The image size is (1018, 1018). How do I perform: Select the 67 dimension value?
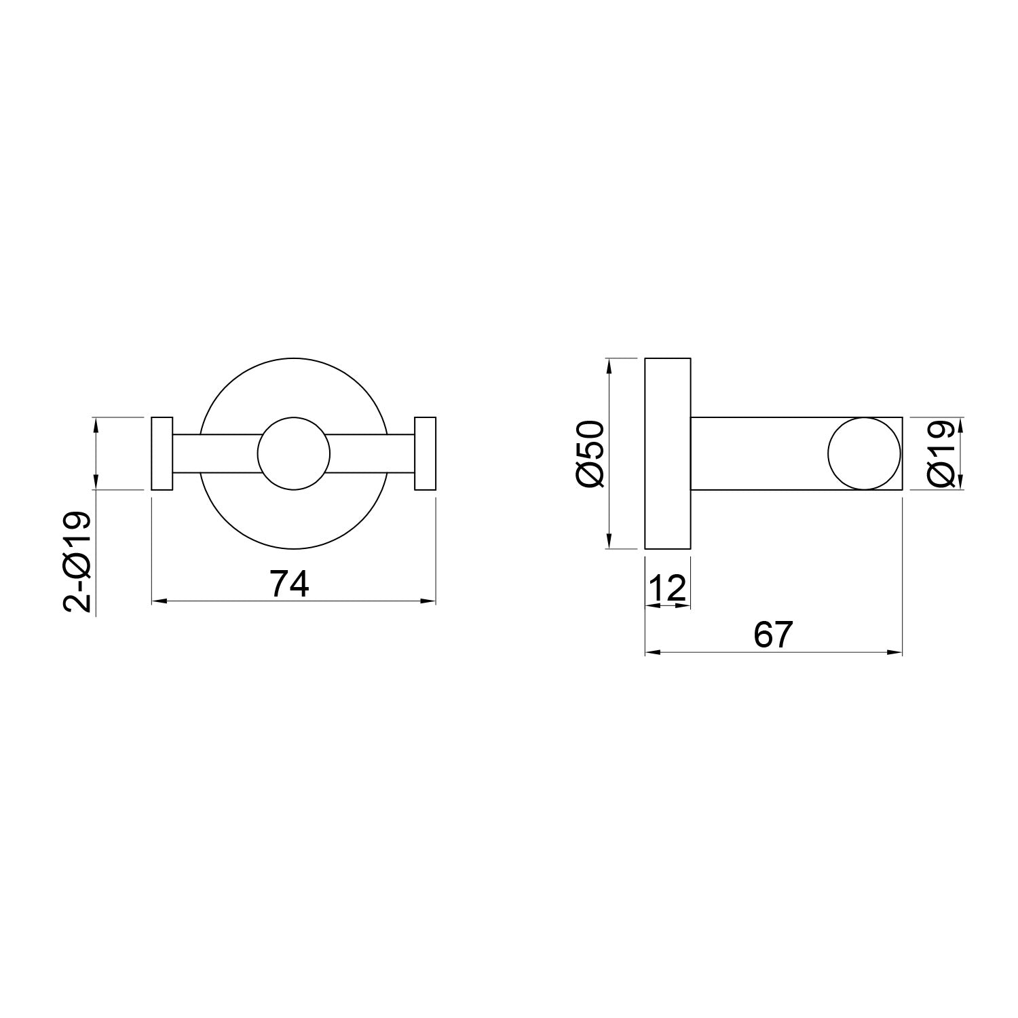[x=773, y=635]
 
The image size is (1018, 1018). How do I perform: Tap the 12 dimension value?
[x=667, y=588]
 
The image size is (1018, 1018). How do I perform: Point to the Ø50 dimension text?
[x=590, y=453]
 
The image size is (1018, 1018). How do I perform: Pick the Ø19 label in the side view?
[x=943, y=453]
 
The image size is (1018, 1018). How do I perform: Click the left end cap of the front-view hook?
[x=162, y=453]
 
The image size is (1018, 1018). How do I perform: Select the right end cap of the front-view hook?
[x=425, y=453]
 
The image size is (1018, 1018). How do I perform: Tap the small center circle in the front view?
[x=294, y=453]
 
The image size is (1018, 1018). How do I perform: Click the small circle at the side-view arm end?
[x=864, y=453]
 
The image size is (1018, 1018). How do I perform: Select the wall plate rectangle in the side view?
[x=667, y=453]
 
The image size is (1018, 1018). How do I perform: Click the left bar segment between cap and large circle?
[x=187, y=453]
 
